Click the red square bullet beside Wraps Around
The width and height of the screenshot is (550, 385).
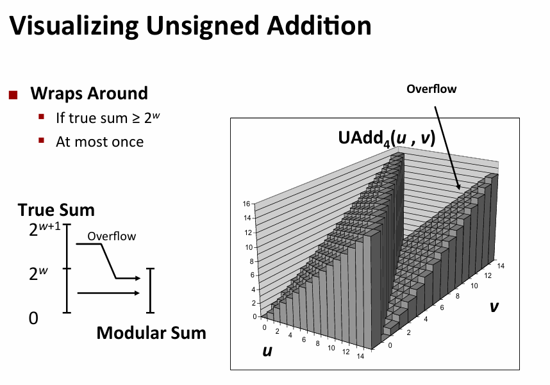pyautogui.click(x=13, y=95)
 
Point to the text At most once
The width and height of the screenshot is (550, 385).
pyautogui.click(x=99, y=142)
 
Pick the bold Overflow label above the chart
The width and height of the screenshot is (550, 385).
pyautogui.click(x=431, y=89)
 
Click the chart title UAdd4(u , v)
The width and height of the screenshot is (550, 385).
pyautogui.click(x=387, y=138)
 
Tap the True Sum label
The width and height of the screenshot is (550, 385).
pyautogui.click(x=56, y=209)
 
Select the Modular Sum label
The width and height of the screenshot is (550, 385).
pyautogui.click(x=151, y=332)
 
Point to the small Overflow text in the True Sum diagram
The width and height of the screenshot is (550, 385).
pyautogui.click(x=112, y=236)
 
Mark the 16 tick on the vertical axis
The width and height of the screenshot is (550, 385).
pyautogui.click(x=246, y=204)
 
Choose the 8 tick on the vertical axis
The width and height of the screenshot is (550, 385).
pyautogui.click(x=248, y=261)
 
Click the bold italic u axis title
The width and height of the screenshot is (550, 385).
pyautogui.click(x=265, y=350)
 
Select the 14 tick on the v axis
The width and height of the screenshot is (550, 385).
pyautogui.click(x=500, y=265)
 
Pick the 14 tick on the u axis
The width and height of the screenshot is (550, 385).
pyautogui.click(x=360, y=356)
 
